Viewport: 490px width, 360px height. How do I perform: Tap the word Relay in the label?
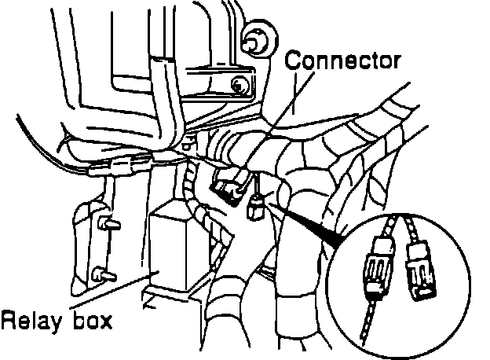tap(27, 321)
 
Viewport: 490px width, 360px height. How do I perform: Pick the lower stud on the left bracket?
tap(101, 274)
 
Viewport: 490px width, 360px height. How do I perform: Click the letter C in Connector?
tap(293, 60)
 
